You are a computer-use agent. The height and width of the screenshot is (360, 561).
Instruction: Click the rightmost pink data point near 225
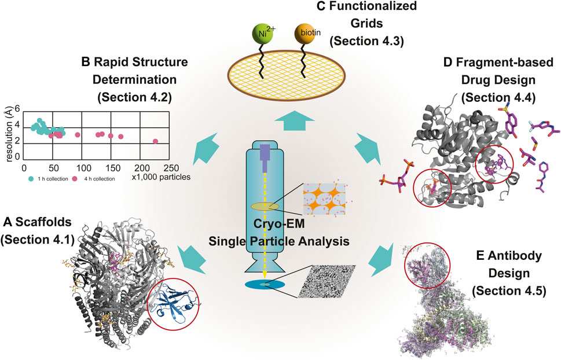coord(155,141)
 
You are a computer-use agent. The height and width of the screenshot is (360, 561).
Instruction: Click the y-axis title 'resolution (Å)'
coord(7,133)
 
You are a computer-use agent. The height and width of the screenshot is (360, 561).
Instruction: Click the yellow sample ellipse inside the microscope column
coord(265,206)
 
